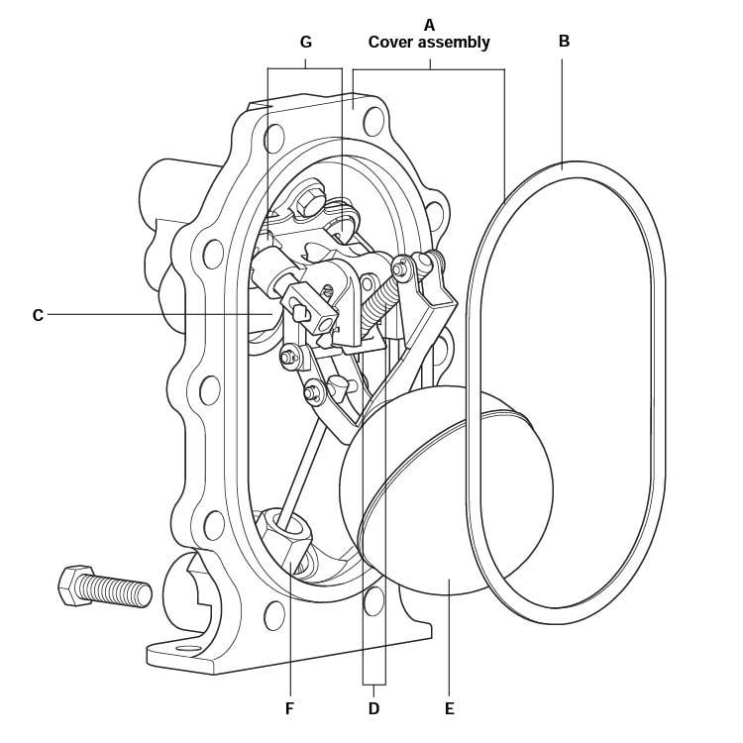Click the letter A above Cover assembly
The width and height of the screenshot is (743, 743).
(x=429, y=23)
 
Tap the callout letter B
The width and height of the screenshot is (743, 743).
(x=564, y=42)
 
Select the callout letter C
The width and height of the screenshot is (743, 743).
(x=38, y=315)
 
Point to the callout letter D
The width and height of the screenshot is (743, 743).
(x=373, y=708)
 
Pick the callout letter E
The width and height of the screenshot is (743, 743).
(x=449, y=708)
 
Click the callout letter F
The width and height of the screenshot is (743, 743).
(x=290, y=708)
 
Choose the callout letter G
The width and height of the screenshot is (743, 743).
(x=305, y=42)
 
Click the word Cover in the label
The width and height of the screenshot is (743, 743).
(x=391, y=43)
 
